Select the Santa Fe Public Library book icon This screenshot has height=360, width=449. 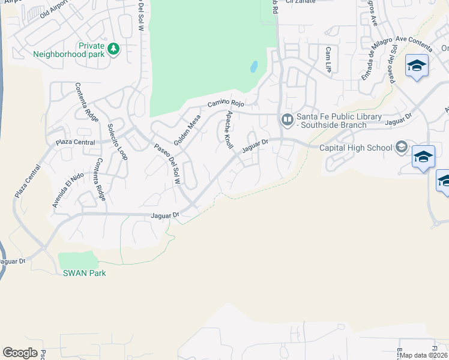click(288, 120)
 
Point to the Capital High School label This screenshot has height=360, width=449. click(355, 147)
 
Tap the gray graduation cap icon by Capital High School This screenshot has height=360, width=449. click(401, 147)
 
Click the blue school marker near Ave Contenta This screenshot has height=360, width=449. click(417, 65)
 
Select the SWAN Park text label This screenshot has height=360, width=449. click(85, 273)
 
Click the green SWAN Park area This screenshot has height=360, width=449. click(77, 260)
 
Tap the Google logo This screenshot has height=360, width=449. click(20, 353)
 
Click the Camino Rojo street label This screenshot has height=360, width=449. click(226, 103)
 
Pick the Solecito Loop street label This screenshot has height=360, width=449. click(117, 142)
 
